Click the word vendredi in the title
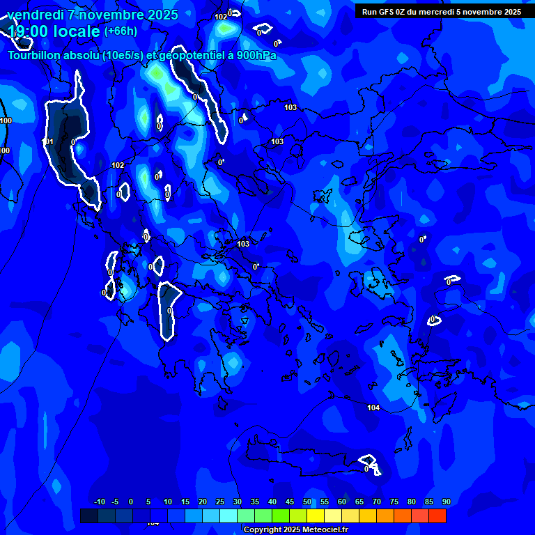pyautogui.click(x=35, y=15)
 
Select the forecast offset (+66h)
pyautogui.click(x=121, y=31)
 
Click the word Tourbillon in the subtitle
pyautogui.click(x=33, y=56)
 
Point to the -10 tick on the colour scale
pyautogui.click(x=99, y=502)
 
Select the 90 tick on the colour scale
pyautogui.click(x=446, y=502)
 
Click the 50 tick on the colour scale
pyautogui.click(x=307, y=502)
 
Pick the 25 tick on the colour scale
pyautogui.click(x=220, y=502)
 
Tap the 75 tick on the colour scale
pyautogui.click(x=394, y=502)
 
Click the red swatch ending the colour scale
pyautogui.click(x=437, y=515)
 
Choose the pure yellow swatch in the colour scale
pyautogui.click(x=316, y=515)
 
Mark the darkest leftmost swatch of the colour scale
pyautogui.click(x=89, y=515)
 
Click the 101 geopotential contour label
pyautogui.click(x=47, y=142)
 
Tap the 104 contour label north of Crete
pyautogui.click(x=373, y=408)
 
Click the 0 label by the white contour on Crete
pyautogui.click(x=366, y=469)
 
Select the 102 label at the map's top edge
pyautogui.click(x=221, y=17)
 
